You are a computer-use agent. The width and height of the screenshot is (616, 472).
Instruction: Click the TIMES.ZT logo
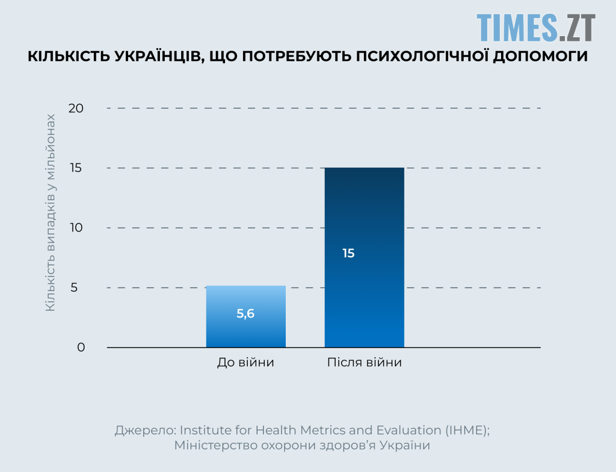[x=536, y=27]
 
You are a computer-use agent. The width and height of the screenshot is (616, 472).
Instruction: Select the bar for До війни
[x=245, y=317]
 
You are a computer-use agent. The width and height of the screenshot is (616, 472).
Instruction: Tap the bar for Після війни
[x=364, y=257]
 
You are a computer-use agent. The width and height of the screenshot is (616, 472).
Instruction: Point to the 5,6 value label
[x=245, y=313]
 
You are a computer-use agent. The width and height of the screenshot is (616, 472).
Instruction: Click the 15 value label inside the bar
[x=348, y=253]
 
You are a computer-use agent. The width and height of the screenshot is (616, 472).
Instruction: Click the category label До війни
[x=245, y=363]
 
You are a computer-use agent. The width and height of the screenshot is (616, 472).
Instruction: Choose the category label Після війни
[x=365, y=363]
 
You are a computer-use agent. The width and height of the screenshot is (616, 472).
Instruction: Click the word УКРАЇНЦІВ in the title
[x=154, y=57]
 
